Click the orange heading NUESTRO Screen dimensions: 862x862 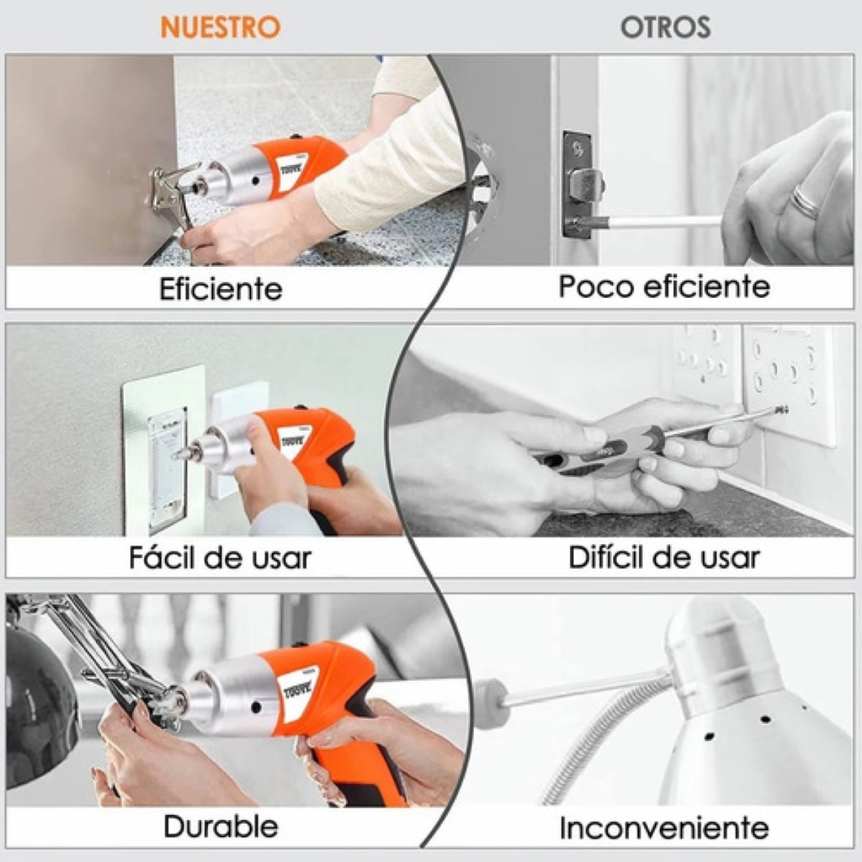(220, 27)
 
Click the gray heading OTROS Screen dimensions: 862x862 (665, 27)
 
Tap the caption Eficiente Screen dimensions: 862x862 (221, 289)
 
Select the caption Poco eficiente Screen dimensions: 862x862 (664, 286)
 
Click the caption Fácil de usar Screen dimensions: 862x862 (220, 557)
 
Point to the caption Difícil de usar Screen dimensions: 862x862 (664, 557)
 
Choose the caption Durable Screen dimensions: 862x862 (221, 826)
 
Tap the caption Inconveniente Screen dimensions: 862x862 (664, 828)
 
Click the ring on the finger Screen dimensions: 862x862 (806, 201)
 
